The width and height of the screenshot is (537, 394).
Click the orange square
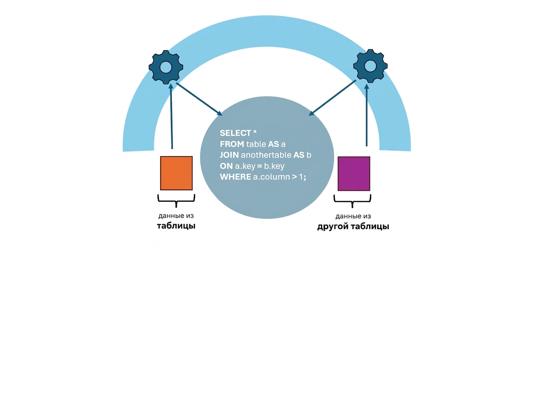point(176,173)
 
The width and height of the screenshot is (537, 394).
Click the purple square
point(354,174)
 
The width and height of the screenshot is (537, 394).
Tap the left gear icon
point(166,67)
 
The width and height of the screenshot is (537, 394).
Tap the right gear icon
point(371,66)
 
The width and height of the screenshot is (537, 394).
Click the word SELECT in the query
point(235,133)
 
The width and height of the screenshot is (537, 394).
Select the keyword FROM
point(232,144)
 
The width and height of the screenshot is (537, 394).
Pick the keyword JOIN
point(229,155)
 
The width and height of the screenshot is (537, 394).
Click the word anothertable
point(266,155)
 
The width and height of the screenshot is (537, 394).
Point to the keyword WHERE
point(235,177)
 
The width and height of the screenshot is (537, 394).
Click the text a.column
point(271,177)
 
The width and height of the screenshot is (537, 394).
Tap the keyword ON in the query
point(226,166)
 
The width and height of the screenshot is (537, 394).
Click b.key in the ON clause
point(274,166)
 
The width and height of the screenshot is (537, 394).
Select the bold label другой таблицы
point(353,227)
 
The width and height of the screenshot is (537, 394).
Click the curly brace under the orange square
point(176,201)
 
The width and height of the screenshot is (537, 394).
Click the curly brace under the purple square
point(353,201)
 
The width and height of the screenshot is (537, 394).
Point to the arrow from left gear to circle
point(199,99)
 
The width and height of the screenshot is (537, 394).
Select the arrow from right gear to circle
point(332,98)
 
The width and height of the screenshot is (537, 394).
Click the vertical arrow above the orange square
point(171,116)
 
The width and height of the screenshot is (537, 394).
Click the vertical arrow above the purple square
point(367,114)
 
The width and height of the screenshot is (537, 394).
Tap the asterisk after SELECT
point(255,132)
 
